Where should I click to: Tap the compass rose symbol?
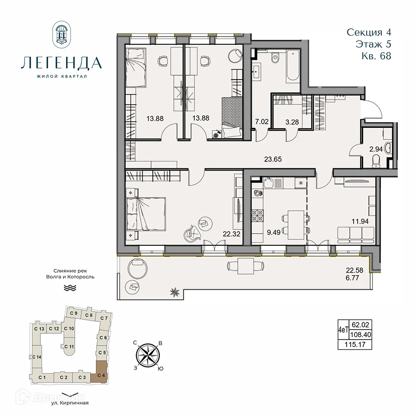point(148,355)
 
